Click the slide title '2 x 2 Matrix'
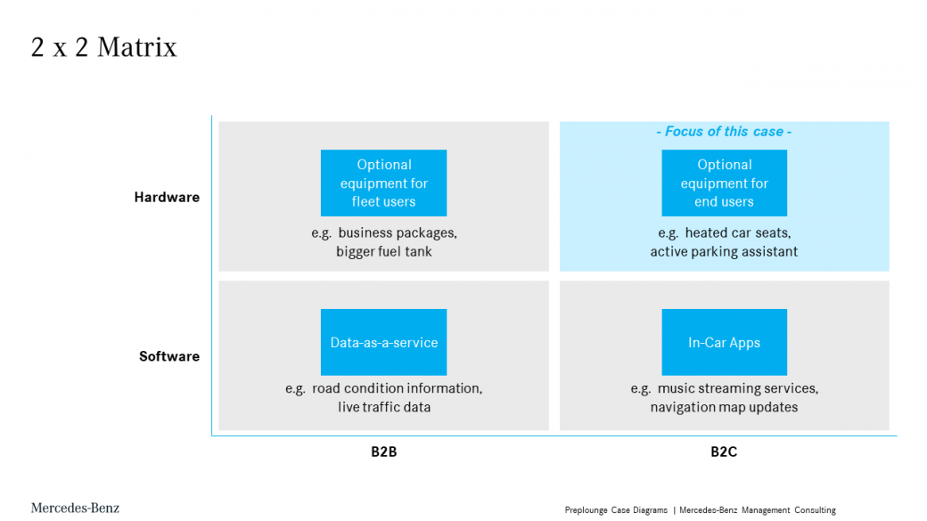pos(104,47)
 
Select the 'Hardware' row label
pos(167,198)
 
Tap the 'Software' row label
pos(169,356)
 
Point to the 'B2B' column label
pos(383,452)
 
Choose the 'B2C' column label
pos(724,452)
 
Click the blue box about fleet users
pos(383,183)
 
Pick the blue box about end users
pos(724,183)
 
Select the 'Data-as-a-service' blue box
pos(383,342)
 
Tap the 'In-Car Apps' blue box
pos(724,342)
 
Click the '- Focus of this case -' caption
pos(724,131)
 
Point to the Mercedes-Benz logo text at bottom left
pos(75,508)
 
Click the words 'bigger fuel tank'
pos(383,252)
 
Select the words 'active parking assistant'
pos(724,252)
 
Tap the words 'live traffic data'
pos(383,407)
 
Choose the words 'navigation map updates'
pos(724,407)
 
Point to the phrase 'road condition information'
pos(396,388)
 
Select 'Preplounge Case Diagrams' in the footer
pos(616,510)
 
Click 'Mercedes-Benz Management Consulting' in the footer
pos(758,510)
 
